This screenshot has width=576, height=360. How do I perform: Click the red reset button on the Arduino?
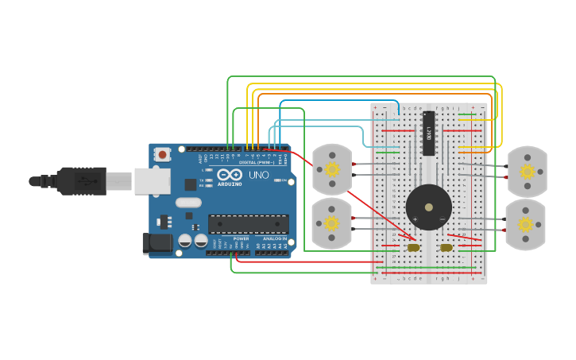click(x=163, y=154)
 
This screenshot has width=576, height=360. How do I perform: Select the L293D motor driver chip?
click(x=429, y=133)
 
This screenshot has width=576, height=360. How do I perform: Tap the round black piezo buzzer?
click(x=429, y=207)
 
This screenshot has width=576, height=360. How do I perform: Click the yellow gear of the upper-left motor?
click(x=331, y=169)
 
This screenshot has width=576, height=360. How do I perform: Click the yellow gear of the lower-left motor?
click(x=331, y=223)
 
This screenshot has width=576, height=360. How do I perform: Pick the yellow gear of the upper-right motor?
click(x=527, y=172)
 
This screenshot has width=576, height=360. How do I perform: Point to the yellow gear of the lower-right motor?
click(x=526, y=225)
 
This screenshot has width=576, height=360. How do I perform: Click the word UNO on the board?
click(x=259, y=175)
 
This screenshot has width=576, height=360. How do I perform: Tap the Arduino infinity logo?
click(x=230, y=175)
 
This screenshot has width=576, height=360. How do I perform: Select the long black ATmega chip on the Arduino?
click(x=248, y=224)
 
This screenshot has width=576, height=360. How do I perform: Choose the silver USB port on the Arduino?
click(x=153, y=181)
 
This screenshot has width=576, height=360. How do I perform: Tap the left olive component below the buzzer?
click(x=413, y=247)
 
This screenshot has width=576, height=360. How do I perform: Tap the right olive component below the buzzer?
click(x=446, y=247)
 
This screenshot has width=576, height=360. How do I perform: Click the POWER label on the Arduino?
click(x=242, y=238)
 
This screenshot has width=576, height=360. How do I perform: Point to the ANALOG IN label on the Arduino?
click(x=275, y=238)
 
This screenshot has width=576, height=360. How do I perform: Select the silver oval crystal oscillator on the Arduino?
click(x=189, y=203)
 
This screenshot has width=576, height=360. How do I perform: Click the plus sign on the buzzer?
click(x=415, y=219)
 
